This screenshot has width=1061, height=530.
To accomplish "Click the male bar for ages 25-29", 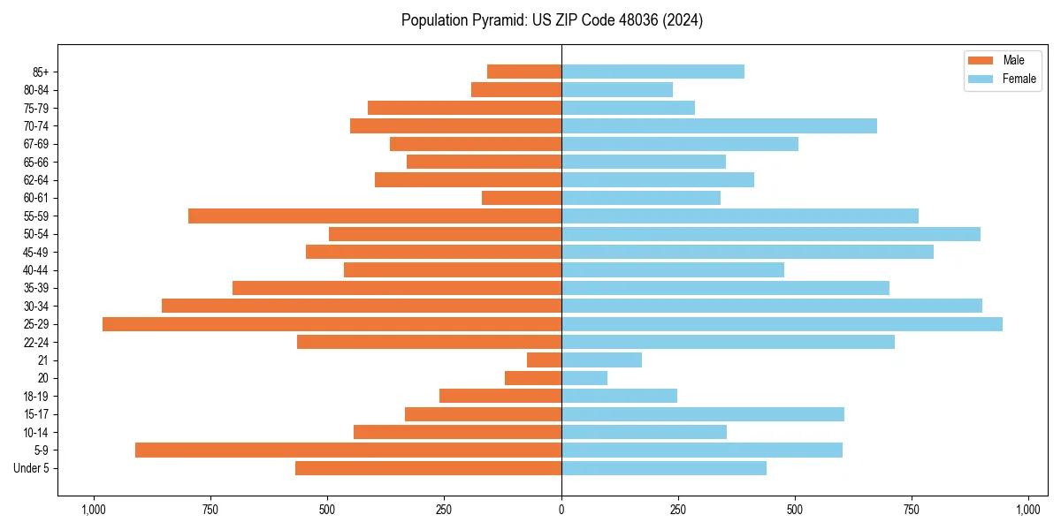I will [332, 324].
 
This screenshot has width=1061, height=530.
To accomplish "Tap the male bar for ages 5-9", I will [348, 450].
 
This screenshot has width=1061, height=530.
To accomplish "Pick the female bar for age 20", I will [584, 378].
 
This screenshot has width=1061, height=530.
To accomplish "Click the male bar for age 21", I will [544, 360].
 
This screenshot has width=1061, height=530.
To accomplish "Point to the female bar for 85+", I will [653, 72].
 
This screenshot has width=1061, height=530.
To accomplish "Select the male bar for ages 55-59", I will [375, 216].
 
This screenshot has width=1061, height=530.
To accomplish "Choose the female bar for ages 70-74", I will [719, 125].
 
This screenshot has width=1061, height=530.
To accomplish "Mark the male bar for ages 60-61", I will [522, 198].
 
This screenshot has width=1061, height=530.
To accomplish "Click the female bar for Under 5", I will [664, 468].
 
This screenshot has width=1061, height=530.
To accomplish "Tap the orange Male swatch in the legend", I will [981, 60].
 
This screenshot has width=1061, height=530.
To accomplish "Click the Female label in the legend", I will [1019, 79].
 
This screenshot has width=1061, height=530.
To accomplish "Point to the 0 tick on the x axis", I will [561, 510].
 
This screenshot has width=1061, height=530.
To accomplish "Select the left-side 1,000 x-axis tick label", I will [94, 510].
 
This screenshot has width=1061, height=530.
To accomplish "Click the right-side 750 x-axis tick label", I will [912, 510].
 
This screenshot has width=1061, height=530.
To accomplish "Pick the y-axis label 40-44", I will [36, 270].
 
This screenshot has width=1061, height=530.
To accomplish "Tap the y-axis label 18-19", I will [36, 397].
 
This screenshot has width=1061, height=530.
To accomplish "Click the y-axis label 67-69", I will [36, 144].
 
